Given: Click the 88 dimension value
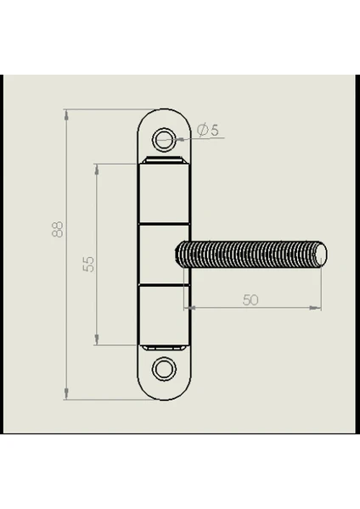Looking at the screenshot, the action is (x=58, y=230).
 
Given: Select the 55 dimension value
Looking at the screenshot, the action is (x=88, y=264).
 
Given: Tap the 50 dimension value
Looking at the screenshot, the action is (x=250, y=300).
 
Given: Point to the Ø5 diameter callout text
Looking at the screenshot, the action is (x=208, y=130).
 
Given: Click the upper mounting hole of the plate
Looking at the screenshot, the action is (x=164, y=140).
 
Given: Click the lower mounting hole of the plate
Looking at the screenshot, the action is (x=164, y=369).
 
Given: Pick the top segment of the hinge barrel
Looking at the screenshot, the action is (x=164, y=193).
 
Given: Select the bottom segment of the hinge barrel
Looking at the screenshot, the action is (x=164, y=315).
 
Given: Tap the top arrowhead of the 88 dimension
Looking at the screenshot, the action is (x=66, y=115).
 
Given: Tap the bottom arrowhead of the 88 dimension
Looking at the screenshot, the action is (x=66, y=394).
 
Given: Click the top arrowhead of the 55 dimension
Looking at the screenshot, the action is (x=97, y=170).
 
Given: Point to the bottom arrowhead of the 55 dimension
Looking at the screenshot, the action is (x=97, y=339).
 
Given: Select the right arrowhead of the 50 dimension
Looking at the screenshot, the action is (x=315, y=307).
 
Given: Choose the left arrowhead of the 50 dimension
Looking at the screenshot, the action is (x=190, y=307).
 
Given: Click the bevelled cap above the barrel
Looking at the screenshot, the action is (x=164, y=160).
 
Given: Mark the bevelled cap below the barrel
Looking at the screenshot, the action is (x=164, y=348).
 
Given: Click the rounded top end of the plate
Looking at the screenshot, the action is (x=164, y=109).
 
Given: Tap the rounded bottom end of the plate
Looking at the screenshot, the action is (x=164, y=400).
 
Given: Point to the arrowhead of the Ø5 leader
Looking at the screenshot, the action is (x=180, y=139).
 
